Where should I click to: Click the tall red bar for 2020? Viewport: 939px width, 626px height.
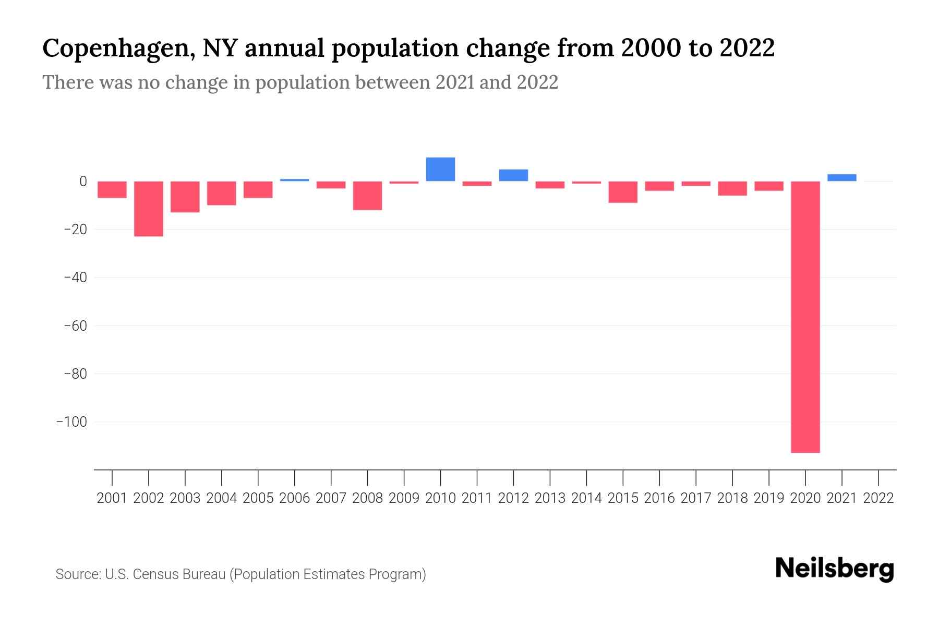(x=805, y=317)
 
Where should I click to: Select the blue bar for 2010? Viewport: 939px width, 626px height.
(x=440, y=169)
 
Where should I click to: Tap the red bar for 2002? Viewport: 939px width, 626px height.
(x=149, y=209)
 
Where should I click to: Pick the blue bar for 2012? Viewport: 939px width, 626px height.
(x=513, y=175)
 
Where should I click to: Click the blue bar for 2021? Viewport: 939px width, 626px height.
(x=841, y=177)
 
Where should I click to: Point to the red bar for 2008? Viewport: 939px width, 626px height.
(x=367, y=196)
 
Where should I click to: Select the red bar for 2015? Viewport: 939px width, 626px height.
(x=623, y=192)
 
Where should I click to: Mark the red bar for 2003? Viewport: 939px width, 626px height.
(x=185, y=197)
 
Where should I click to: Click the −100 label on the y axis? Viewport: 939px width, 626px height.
(x=71, y=422)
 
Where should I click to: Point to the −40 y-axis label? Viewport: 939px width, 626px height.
(x=75, y=278)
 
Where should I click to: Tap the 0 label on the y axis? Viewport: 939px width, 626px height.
(x=82, y=182)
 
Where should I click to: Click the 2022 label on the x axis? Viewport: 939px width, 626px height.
(x=878, y=498)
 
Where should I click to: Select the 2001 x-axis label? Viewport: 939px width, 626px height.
(x=112, y=498)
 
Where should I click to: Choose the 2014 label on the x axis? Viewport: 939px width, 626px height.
(x=586, y=498)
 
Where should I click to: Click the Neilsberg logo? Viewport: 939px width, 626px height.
(x=835, y=569)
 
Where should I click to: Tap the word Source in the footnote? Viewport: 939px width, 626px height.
(x=78, y=574)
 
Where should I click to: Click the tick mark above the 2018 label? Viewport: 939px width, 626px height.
(x=732, y=477)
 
